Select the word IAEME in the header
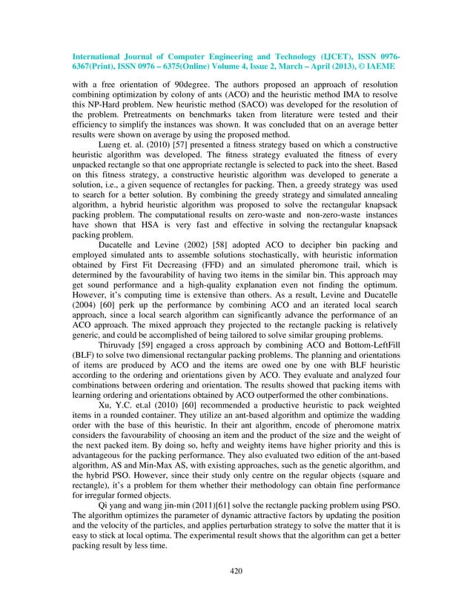pos(377,66)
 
